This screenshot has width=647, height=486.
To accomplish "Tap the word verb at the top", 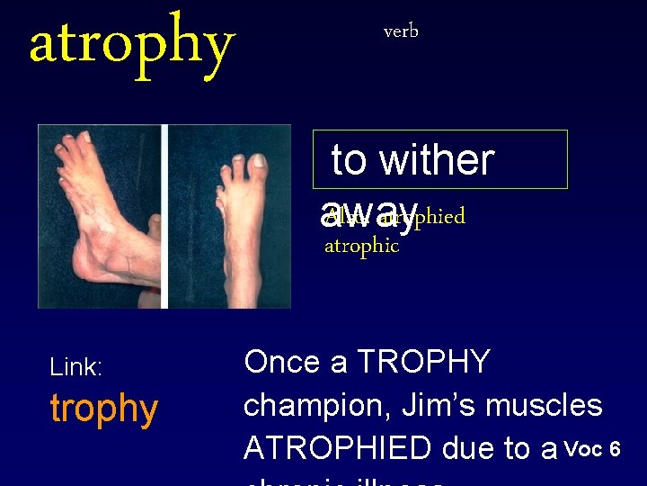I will [401, 31].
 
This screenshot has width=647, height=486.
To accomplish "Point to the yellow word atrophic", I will [361, 246].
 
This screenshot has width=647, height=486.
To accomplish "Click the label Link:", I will [76, 367].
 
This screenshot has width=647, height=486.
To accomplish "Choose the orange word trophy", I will [104, 409].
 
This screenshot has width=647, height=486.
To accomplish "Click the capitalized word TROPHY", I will [423, 362].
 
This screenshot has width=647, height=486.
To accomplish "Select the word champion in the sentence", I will [311, 405].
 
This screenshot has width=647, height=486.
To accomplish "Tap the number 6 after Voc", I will [615, 448].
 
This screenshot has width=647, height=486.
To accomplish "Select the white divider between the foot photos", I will [164, 216].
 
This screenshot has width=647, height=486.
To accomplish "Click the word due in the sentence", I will [482, 447].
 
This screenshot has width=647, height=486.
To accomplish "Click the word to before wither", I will [350, 160].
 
